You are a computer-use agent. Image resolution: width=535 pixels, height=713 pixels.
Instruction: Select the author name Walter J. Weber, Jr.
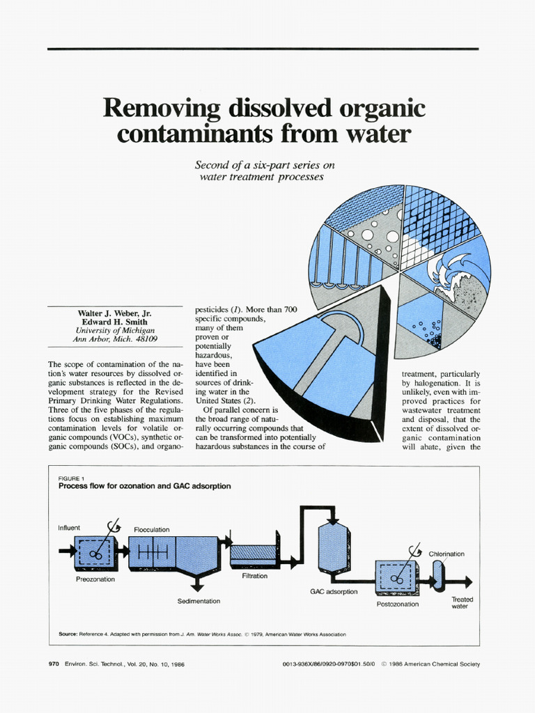pyautogui.click(x=115, y=313)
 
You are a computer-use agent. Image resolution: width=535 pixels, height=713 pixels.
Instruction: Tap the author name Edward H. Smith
pyautogui.click(x=115, y=322)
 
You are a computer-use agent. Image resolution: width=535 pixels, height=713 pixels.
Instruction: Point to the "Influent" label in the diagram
pyautogui.click(x=69, y=528)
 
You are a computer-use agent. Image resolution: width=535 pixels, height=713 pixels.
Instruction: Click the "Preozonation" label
pyautogui.click(x=95, y=579)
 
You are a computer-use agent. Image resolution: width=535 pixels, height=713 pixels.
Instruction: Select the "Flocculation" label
pyautogui.click(x=152, y=530)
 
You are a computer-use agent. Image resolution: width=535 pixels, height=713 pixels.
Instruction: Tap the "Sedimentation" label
pyautogui.click(x=199, y=601)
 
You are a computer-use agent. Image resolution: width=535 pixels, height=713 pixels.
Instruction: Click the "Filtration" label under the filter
pyautogui.click(x=254, y=576)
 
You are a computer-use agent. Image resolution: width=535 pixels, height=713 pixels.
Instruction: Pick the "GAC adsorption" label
pyautogui.click(x=334, y=591)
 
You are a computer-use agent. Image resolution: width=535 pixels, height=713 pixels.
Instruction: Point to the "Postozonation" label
pyautogui.click(x=398, y=604)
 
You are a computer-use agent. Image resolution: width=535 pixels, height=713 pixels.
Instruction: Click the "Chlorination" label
pyautogui.click(x=447, y=554)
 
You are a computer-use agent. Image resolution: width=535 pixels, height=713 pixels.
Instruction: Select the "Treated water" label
pyautogui.click(x=462, y=602)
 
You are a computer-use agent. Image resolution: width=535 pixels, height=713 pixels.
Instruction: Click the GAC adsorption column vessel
pyautogui.click(x=333, y=548)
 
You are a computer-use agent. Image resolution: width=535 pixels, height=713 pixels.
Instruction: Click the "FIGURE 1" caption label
pyautogui.click(x=71, y=478)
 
